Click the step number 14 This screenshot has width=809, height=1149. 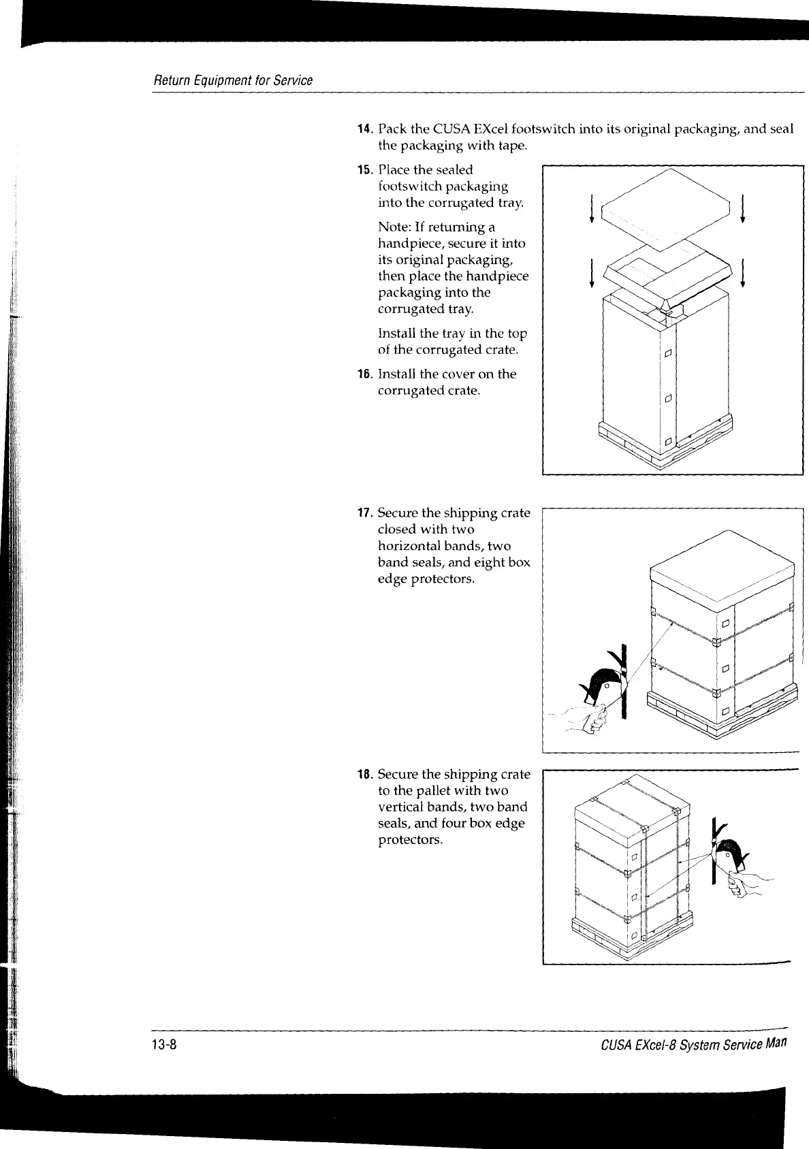(x=364, y=129)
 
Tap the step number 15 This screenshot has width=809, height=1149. (x=364, y=170)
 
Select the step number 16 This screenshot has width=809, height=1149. (x=364, y=374)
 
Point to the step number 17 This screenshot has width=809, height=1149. (x=364, y=513)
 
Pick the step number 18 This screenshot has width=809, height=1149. (x=364, y=775)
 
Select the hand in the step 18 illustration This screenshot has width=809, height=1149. (x=746, y=884)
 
